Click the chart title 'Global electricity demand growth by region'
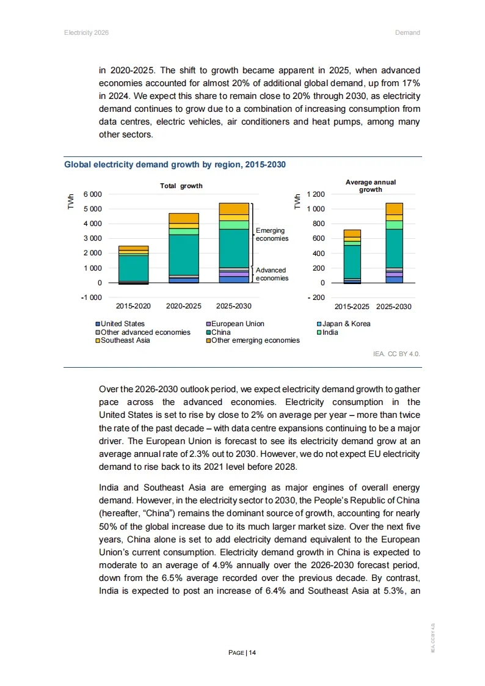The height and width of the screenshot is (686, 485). [x=175, y=165]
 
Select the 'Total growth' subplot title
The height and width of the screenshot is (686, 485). [x=181, y=186]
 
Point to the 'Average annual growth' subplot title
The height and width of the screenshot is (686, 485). [x=370, y=186]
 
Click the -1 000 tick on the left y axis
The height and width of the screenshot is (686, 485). [x=92, y=297]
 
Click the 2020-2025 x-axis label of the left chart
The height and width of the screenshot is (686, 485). [x=183, y=306]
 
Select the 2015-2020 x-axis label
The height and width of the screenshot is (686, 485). [x=133, y=306]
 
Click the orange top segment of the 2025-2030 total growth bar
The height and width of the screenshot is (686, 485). [x=234, y=208]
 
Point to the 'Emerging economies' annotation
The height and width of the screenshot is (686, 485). [x=271, y=235]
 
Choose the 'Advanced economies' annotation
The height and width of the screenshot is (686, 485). [x=271, y=274]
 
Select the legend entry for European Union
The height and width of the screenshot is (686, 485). [x=237, y=324]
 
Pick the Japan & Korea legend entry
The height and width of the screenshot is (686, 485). [x=346, y=324]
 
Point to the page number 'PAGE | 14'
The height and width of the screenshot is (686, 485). [x=242, y=652]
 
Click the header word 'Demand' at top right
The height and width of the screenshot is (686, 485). [x=407, y=32]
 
